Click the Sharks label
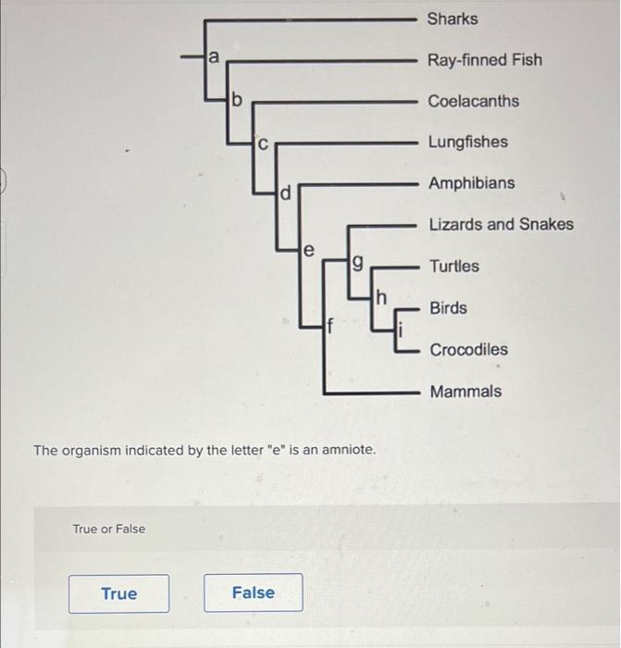(453, 19)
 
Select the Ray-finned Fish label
(485, 60)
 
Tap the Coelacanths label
(474, 101)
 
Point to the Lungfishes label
(468, 143)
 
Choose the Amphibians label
(472, 183)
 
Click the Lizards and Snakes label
(502, 224)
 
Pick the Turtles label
(454, 267)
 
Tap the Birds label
(448, 308)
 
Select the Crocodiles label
(469, 350)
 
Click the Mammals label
(466, 392)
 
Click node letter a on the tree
(213, 56)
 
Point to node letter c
(263, 144)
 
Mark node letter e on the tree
(308, 251)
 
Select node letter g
(358, 263)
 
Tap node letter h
(381, 297)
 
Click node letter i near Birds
(400, 330)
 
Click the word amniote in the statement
(348, 450)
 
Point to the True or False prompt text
(109, 529)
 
